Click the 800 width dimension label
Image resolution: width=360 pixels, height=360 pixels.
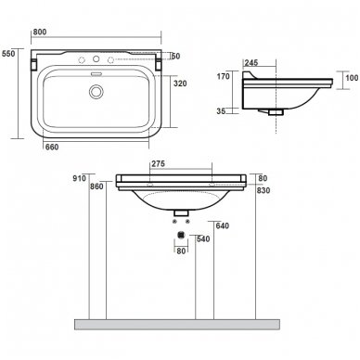[40, 32]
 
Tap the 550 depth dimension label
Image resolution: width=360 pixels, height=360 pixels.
[8, 54]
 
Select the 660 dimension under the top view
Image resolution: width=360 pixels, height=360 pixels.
[52, 147]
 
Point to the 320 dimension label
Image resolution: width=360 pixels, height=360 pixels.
[180, 84]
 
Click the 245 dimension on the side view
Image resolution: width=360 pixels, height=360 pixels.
[251, 63]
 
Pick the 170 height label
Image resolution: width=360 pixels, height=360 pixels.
[223, 76]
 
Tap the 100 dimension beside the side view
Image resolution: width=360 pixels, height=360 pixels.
[352, 78]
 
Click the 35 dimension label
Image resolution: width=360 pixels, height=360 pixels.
[221, 110]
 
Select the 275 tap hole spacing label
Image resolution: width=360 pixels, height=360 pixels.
[158, 163]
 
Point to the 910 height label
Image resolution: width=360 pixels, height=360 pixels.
[79, 178]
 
